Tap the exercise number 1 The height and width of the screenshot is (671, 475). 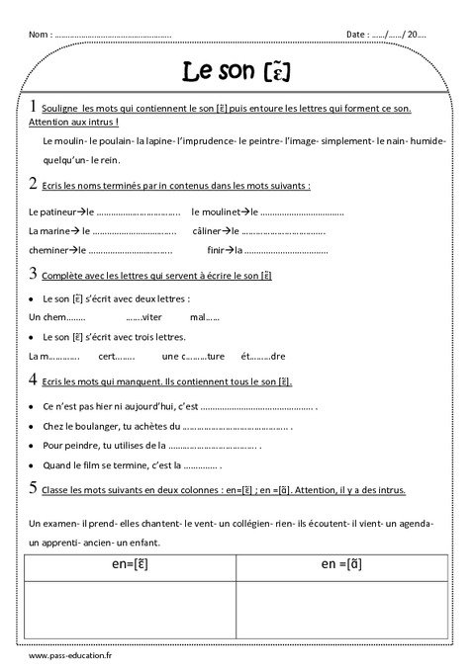coord(34,106)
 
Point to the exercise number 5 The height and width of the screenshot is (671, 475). coord(34,487)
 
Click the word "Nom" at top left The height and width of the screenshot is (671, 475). coord(40,35)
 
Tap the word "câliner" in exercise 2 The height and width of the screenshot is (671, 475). coord(211,231)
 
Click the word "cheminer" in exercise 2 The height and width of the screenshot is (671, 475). coord(49,250)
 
